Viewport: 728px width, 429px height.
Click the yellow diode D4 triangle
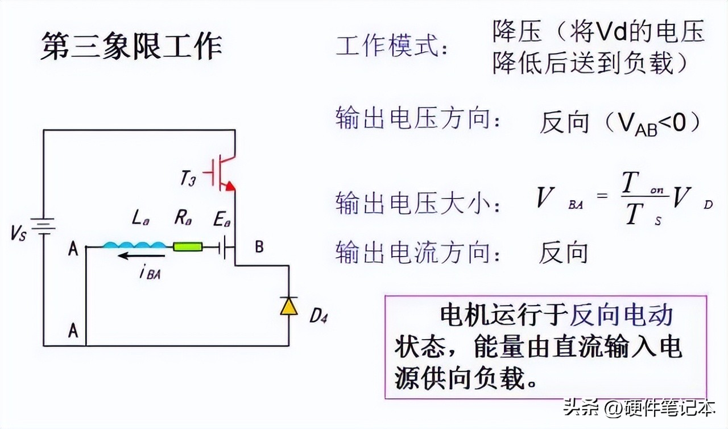click(x=289, y=307)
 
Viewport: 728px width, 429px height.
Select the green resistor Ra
click(x=187, y=247)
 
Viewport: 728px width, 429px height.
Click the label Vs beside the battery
click(x=18, y=233)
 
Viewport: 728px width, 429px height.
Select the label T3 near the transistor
click(x=188, y=179)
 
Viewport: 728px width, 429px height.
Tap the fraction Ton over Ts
click(x=638, y=199)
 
